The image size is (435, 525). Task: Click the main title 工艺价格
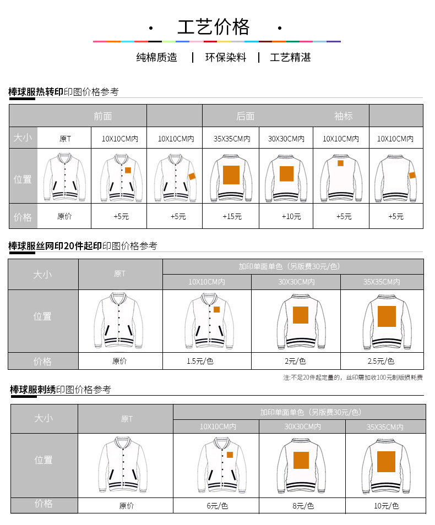tap(213, 27)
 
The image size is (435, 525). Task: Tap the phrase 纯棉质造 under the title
tap(157, 57)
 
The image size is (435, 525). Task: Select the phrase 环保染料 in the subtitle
tap(226, 57)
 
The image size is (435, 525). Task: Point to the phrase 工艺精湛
tap(290, 57)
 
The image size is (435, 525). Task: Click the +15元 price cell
tap(232, 216)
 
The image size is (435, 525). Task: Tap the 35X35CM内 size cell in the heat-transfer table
tap(232, 139)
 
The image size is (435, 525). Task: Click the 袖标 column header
tap(343, 116)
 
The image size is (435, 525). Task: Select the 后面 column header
tap(246, 116)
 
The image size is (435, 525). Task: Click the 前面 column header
tap(103, 116)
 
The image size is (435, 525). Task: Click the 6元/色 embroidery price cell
tap(216, 505)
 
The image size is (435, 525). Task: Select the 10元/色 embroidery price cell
tap(386, 505)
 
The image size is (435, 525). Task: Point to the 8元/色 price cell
tap(302, 505)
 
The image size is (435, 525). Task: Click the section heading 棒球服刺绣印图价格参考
tap(61, 390)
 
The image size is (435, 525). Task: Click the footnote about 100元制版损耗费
tap(353, 378)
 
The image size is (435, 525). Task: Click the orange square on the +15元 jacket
tap(231, 174)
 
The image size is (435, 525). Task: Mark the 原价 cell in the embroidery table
tap(127, 505)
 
